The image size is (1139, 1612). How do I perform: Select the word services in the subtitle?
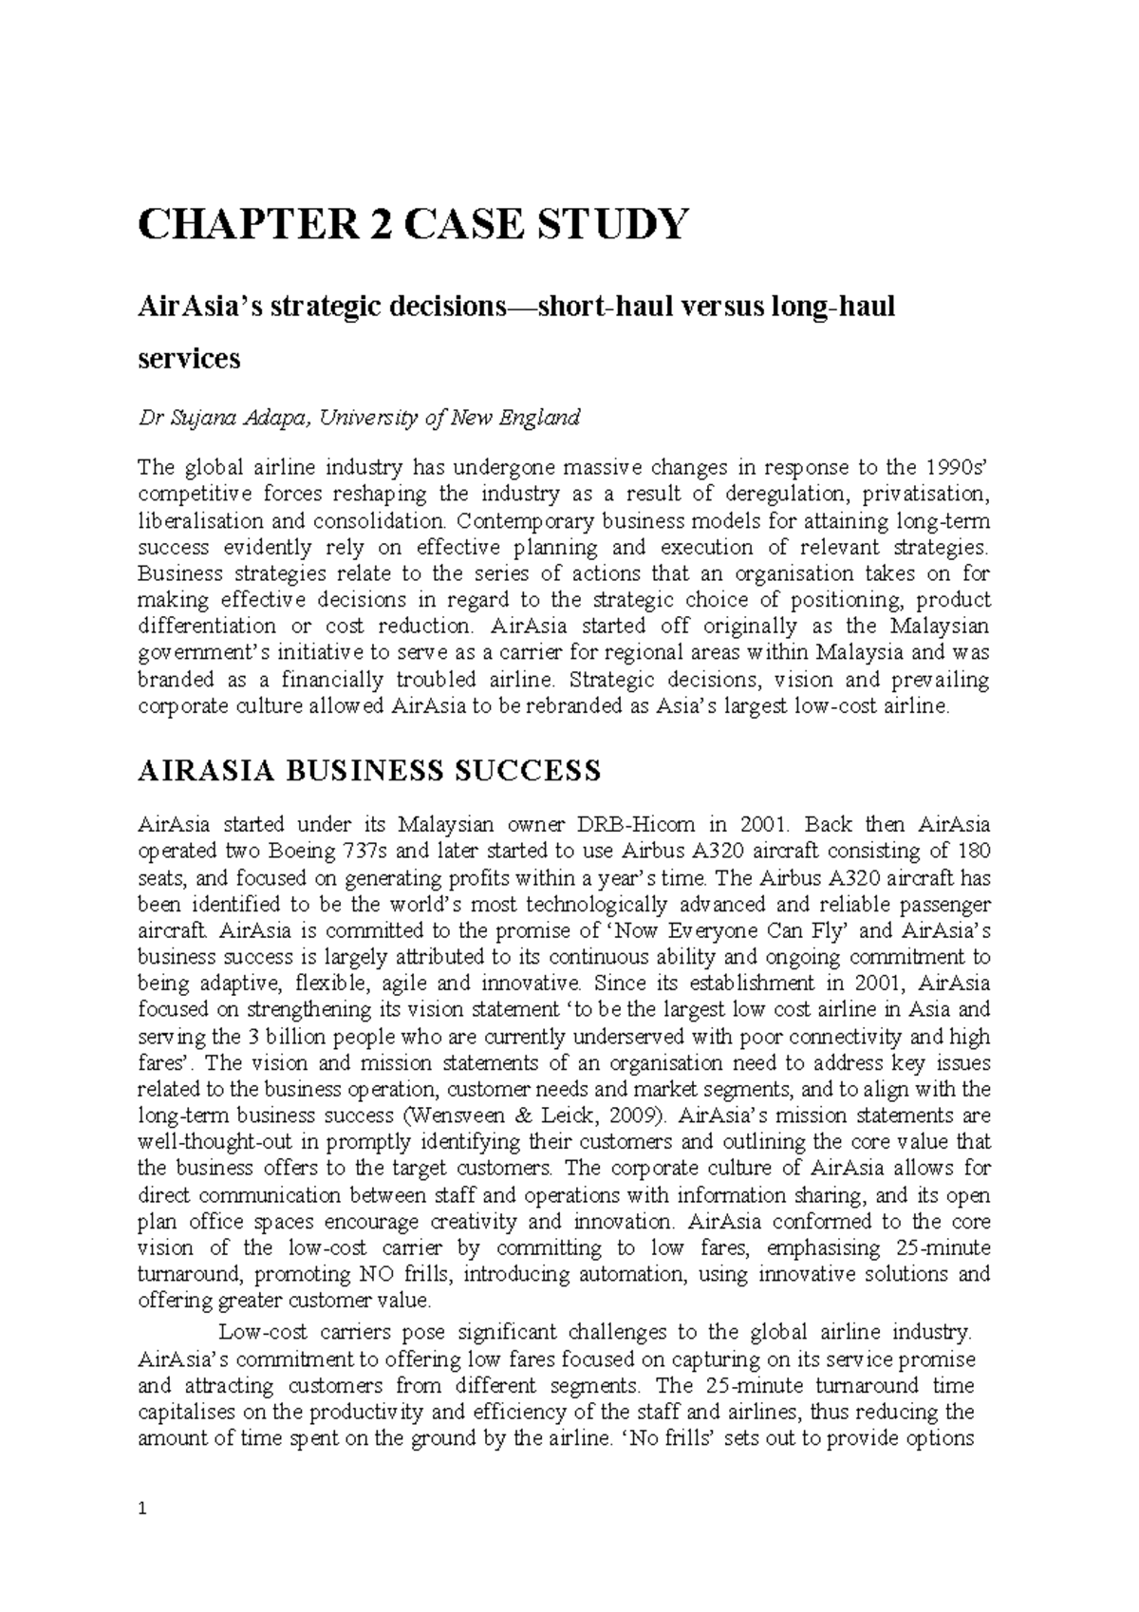coord(189,359)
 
